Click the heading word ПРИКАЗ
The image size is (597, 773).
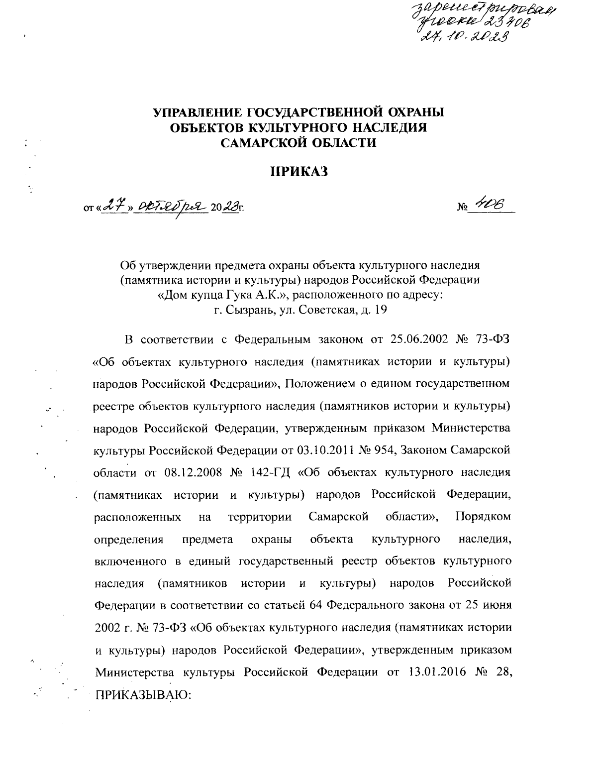point(300,172)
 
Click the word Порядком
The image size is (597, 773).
point(483,517)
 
